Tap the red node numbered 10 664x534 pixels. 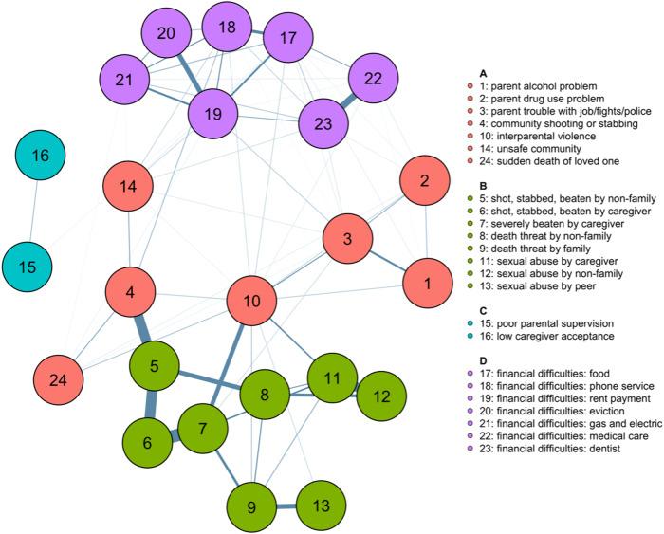(x=253, y=303)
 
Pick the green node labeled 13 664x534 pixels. (x=323, y=507)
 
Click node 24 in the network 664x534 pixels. (x=61, y=380)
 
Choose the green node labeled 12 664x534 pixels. (x=380, y=395)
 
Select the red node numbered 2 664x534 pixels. (x=424, y=180)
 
